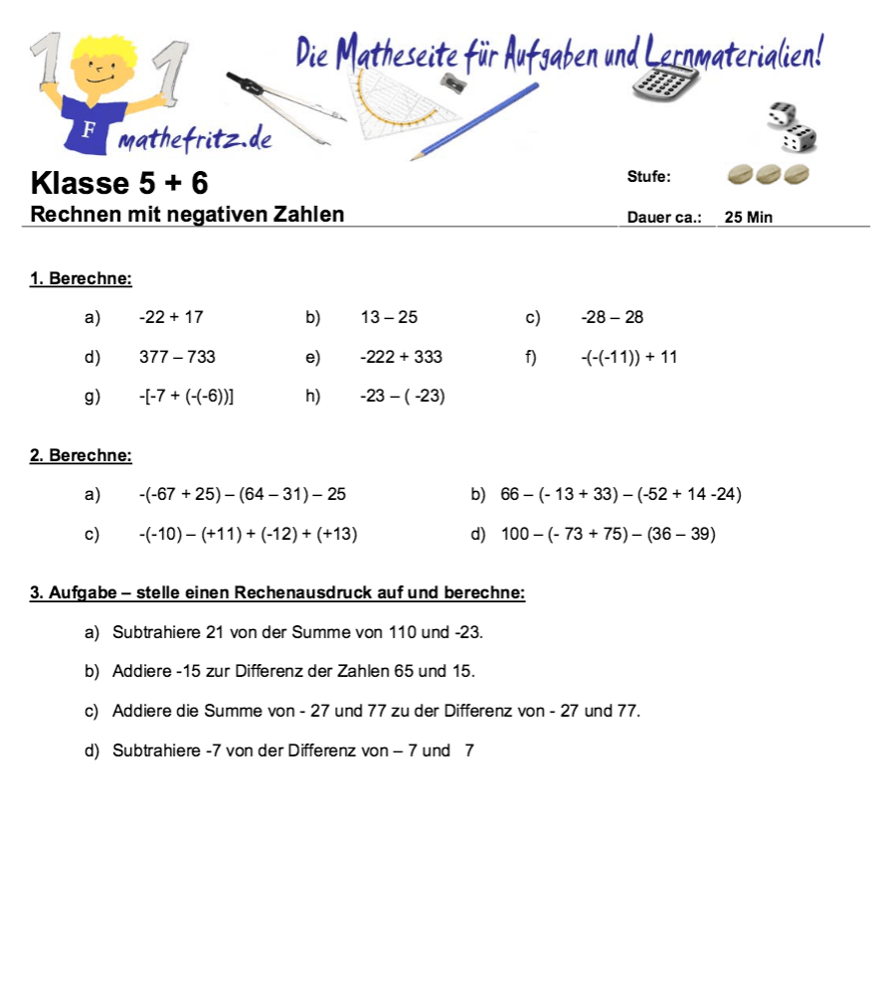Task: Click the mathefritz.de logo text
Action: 195,140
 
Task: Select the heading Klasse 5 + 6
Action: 119,183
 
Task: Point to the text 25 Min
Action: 749,217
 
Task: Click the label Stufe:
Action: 648,177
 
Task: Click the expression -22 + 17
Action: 171,317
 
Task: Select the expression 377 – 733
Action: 177,357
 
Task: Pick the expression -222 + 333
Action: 401,357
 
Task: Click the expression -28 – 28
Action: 613,317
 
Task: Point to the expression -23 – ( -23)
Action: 402,397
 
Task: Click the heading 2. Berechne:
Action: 81,455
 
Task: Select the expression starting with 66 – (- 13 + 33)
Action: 621,494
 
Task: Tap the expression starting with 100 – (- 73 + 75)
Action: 608,534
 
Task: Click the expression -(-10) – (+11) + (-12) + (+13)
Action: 248,534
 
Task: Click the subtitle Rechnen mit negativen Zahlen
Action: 188,214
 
